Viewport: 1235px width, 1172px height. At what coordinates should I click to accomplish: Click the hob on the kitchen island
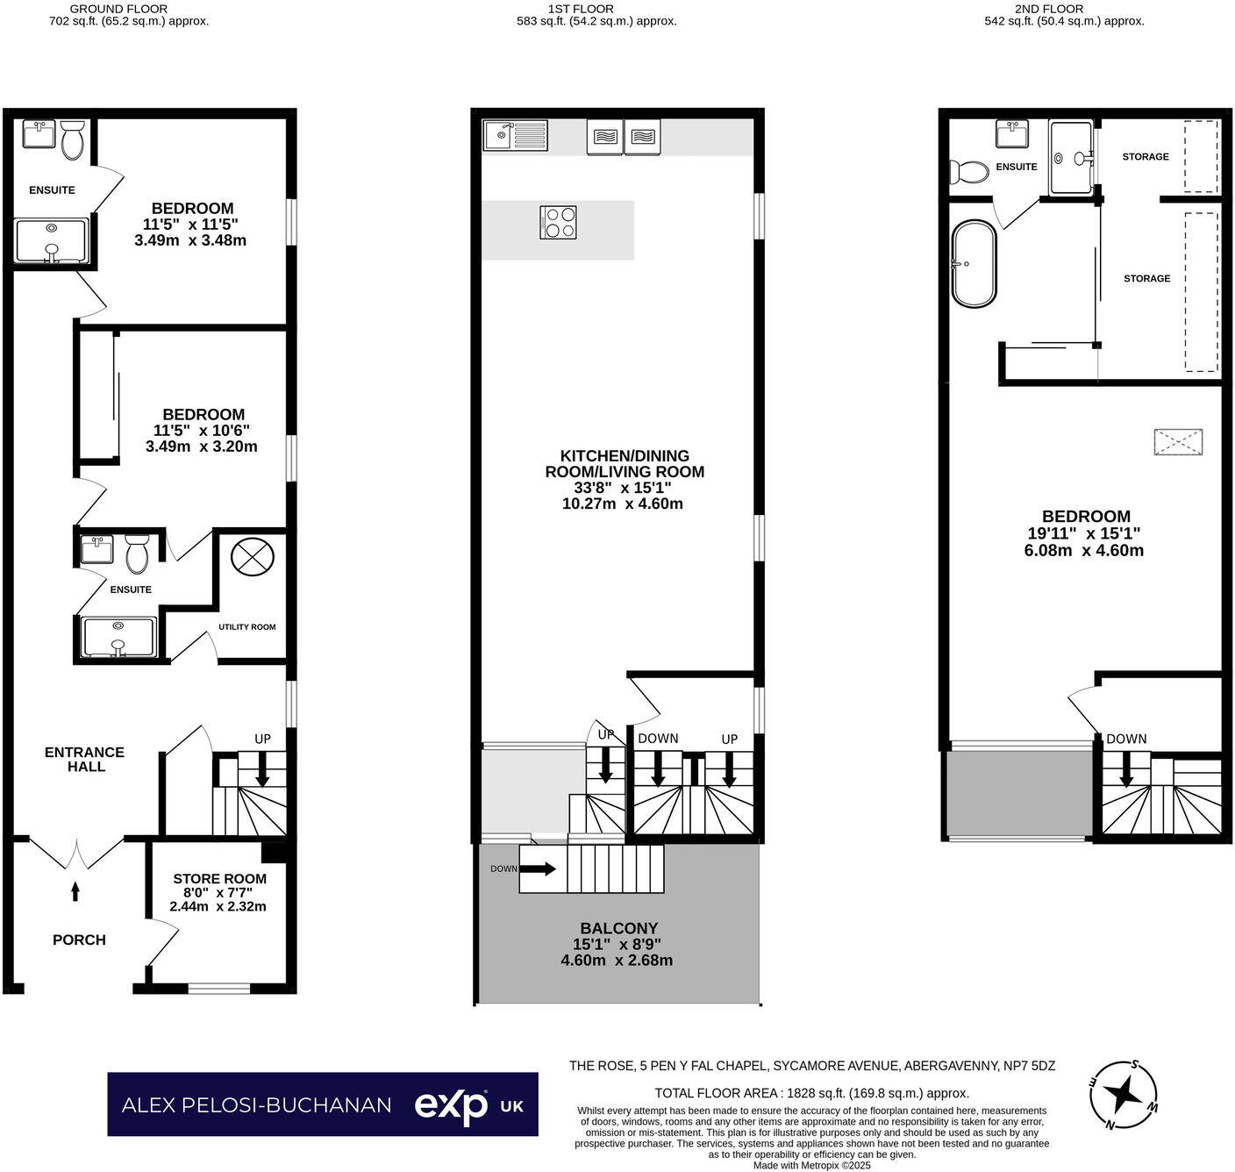point(559,222)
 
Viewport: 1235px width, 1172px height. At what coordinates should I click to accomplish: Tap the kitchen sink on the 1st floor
point(515,136)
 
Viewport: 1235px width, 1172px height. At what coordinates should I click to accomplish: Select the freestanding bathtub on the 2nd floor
point(974,263)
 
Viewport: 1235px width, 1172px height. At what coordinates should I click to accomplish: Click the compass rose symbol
point(1124,1094)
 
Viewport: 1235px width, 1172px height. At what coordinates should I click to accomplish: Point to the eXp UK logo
point(468,1104)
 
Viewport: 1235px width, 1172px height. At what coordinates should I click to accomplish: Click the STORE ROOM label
point(219,878)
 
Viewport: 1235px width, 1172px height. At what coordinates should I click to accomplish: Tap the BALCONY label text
point(618,928)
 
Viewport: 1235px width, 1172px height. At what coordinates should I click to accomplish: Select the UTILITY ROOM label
point(246,626)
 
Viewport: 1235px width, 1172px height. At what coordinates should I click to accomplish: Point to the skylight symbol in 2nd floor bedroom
point(1177,442)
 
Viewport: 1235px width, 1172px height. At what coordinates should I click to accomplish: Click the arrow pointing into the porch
point(75,891)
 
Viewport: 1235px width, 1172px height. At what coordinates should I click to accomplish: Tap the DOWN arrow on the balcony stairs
point(537,868)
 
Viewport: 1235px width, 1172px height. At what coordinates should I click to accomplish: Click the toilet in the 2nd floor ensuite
point(967,171)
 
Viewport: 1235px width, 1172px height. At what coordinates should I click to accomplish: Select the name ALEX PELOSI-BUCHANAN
point(256,1104)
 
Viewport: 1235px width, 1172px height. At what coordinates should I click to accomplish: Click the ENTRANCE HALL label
point(84,759)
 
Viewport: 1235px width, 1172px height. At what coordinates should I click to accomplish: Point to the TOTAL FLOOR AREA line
point(811,1093)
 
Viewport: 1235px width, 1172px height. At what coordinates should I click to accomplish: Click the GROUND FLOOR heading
point(118,9)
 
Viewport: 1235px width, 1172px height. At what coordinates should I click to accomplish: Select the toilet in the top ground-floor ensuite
point(72,140)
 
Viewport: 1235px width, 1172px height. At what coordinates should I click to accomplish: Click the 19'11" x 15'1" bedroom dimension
point(1084,533)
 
